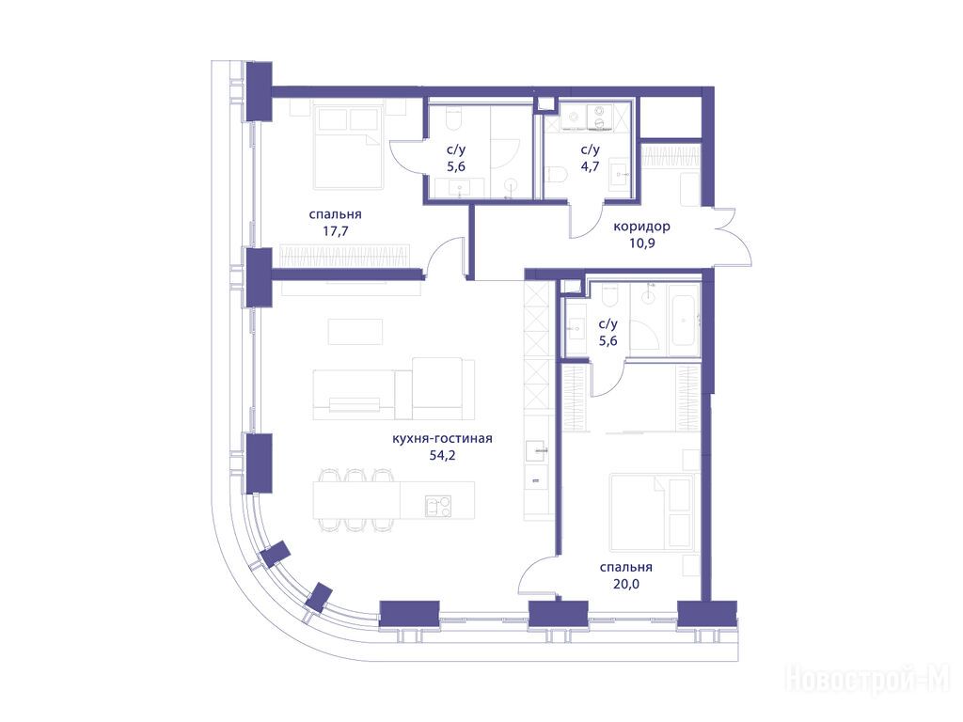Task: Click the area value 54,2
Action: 442,455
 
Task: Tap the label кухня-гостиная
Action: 442,438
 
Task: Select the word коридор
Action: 641,227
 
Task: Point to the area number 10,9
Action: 641,243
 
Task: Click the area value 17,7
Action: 336,231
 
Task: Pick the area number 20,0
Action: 625,584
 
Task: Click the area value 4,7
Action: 591,166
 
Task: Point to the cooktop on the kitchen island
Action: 437,507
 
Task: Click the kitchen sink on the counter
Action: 537,450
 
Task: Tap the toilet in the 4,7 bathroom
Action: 557,175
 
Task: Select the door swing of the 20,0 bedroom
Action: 537,576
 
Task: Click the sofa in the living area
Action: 394,388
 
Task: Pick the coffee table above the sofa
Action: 355,332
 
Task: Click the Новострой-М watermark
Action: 867,680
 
